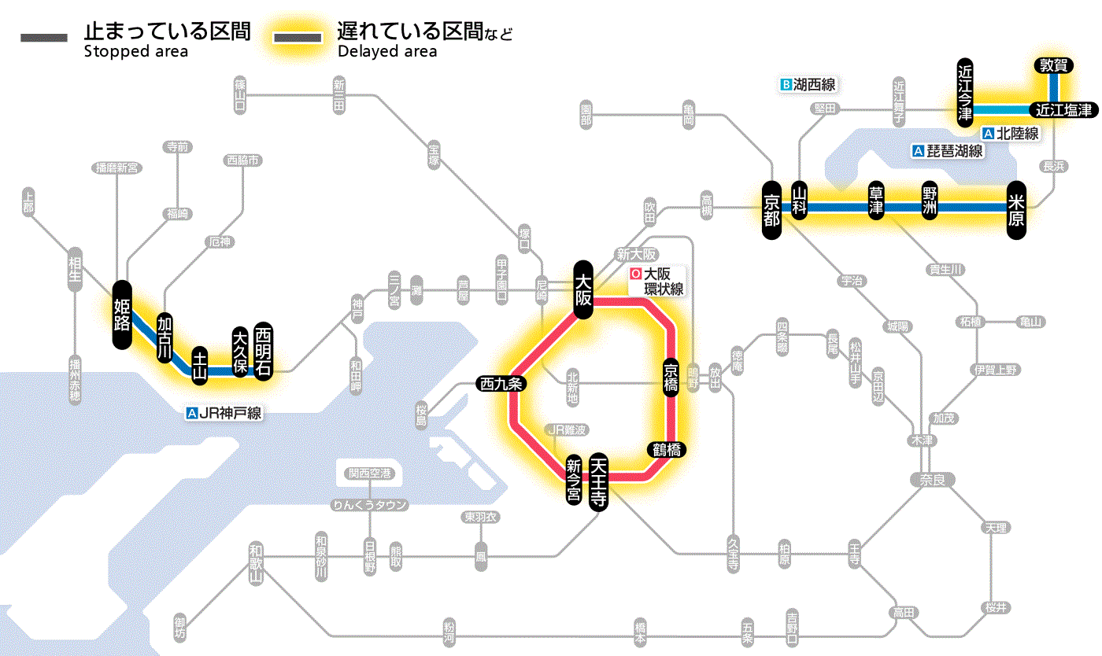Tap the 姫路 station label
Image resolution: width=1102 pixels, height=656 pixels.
pyautogui.click(x=122, y=315)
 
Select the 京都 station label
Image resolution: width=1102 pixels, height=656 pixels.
pyautogui.click(x=771, y=208)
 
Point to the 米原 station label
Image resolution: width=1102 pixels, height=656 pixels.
pyautogui.click(x=1016, y=208)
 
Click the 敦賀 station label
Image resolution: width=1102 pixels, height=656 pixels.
pyautogui.click(x=1054, y=66)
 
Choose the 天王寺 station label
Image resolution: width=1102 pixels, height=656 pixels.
pyautogui.click(x=598, y=483)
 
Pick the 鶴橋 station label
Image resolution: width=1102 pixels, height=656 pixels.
pyautogui.click(x=666, y=450)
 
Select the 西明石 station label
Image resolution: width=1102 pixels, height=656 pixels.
pyautogui.click(x=263, y=352)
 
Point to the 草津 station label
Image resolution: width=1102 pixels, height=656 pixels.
pyautogui.click(x=876, y=203)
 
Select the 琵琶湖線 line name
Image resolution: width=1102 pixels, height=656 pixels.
pyautogui.click(x=953, y=151)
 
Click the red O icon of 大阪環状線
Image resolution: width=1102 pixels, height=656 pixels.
pyautogui.click(x=635, y=275)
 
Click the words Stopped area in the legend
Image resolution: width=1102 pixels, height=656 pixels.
pyautogui.click(x=135, y=52)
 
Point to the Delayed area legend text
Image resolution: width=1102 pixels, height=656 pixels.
pyautogui.click(x=387, y=52)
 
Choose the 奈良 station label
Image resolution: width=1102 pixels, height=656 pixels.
pyautogui.click(x=931, y=479)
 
